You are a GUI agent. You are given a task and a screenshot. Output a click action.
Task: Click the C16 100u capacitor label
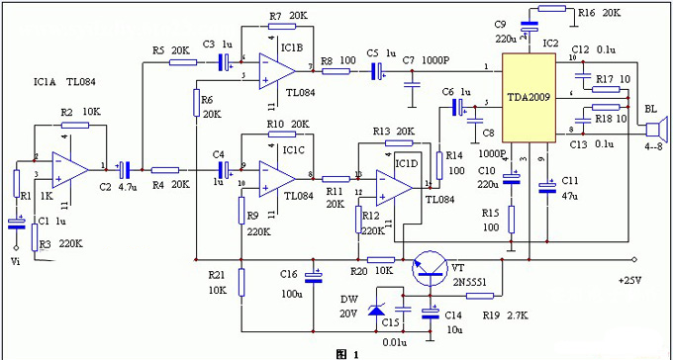(x=291, y=283)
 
